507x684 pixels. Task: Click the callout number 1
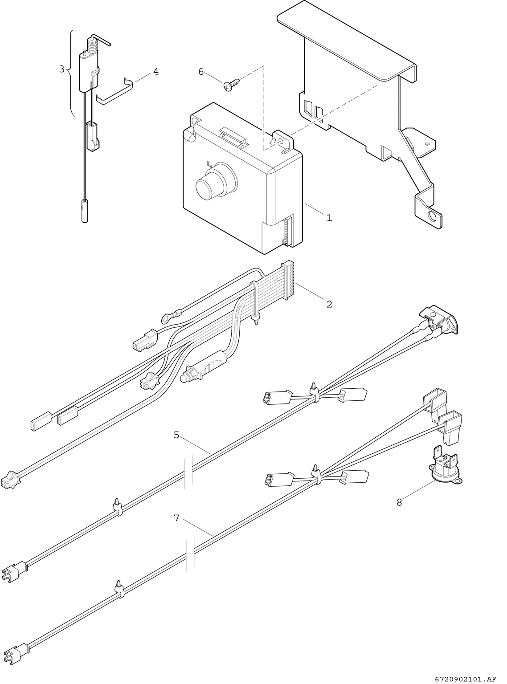pos(329,218)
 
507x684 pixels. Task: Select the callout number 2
pos(329,304)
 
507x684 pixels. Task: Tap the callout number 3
pos(62,69)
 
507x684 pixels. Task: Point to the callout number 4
pos(155,71)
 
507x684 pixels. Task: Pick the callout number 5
pos(176,435)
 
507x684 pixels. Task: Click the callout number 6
pos(201,71)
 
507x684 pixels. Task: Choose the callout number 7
pos(176,518)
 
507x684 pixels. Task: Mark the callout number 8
pos(399,502)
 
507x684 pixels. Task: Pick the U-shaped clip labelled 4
pos(114,92)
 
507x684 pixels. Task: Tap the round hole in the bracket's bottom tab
pos(431,217)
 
